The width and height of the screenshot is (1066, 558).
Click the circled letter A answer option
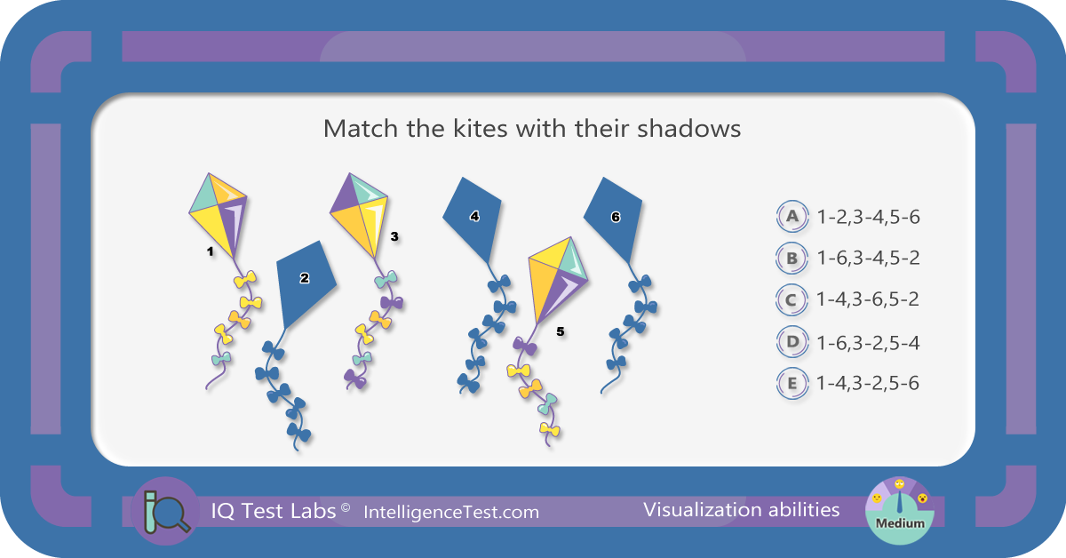pos(792,216)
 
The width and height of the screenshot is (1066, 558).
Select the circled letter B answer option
pos(792,258)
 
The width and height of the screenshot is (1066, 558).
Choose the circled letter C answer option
pos(792,300)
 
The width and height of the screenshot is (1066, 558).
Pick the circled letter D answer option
pos(792,342)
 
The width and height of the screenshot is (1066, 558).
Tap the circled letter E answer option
pos(792,383)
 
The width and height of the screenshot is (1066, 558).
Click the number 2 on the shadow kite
pos(305,278)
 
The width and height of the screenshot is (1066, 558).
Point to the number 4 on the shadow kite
pos(474,217)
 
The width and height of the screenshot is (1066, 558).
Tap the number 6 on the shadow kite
pos(616,217)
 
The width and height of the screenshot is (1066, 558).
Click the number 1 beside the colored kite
pos(210,251)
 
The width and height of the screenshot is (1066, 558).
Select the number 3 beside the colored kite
pos(394,236)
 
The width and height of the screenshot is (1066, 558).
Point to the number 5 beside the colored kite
pos(561,331)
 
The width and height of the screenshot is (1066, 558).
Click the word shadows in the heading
pos(688,128)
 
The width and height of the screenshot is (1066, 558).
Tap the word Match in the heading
pos(361,128)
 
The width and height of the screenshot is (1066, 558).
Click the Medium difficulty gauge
pos(899,511)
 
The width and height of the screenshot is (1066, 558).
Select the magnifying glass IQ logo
pos(165,511)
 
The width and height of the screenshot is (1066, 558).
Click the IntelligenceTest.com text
pos(451,513)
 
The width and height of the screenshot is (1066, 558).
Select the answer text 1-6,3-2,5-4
pos(868,343)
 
